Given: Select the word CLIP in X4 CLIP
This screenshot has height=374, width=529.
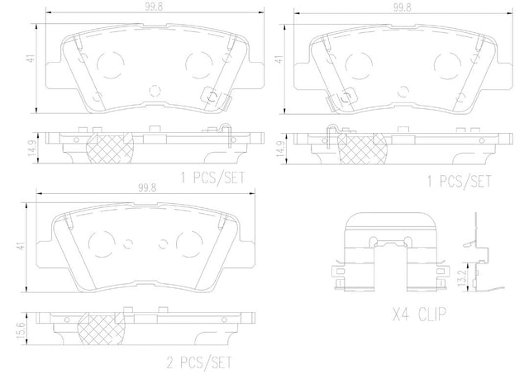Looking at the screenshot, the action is coord(432,314).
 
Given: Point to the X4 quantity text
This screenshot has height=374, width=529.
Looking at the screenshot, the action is coord(400,314).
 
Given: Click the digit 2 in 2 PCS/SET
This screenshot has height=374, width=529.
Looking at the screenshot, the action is coord(171,362).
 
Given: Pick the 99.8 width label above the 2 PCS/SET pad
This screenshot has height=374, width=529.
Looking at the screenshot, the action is coord(147,188).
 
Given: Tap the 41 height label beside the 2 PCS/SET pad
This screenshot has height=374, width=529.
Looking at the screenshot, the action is coord(22,246).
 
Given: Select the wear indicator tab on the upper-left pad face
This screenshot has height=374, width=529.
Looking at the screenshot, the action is coord(215,97).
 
